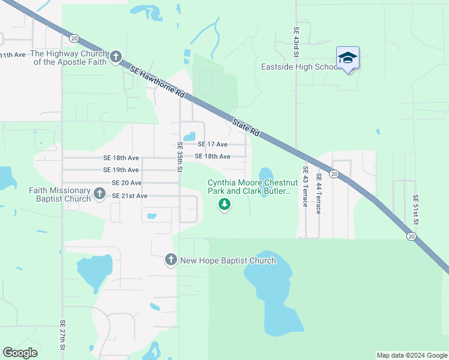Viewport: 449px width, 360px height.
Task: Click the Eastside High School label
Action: pyautogui.click(x=301, y=67)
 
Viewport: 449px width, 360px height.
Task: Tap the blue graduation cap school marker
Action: pyautogui.click(x=348, y=58)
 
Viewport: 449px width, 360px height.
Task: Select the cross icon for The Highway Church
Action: pyautogui.click(x=116, y=58)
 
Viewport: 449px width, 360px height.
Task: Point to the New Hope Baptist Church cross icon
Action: pyautogui.click(x=170, y=260)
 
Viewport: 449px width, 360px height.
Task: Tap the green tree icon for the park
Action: pyautogui.click(x=224, y=205)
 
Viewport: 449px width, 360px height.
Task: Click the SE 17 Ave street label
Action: pyautogui.click(x=213, y=145)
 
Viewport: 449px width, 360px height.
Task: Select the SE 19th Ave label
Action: pyautogui.click(x=121, y=170)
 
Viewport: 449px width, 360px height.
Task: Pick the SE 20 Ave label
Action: pyautogui.click(x=127, y=183)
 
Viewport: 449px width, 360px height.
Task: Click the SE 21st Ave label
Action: pyautogui.click(x=129, y=196)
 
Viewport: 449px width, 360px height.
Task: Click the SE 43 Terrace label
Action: pyautogui.click(x=306, y=186)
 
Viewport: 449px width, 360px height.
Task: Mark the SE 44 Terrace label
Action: pyautogui.click(x=319, y=190)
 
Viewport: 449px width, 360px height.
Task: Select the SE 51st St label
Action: pyautogui.click(x=415, y=206)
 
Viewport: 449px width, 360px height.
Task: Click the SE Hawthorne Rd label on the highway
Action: pyautogui.click(x=157, y=83)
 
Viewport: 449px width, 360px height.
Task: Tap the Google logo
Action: pyautogui.click(x=20, y=353)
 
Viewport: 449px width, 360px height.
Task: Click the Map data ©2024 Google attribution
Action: pyautogui.click(x=412, y=355)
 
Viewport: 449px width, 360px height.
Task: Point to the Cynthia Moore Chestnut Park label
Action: pyautogui.click(x=249, y=187)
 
